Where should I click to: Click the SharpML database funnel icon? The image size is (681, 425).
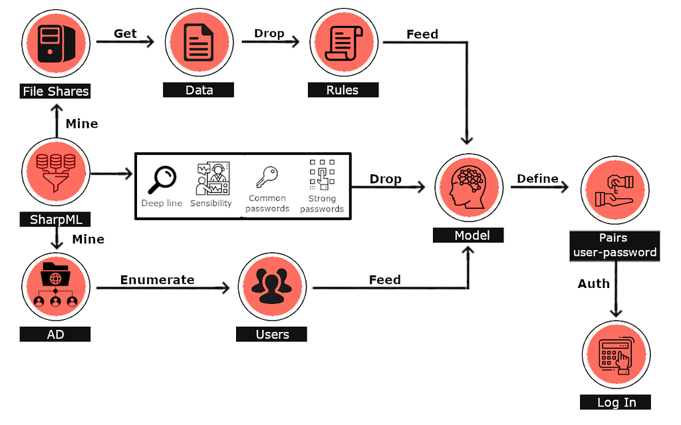pos(56,172)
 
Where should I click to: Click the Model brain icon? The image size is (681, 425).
pos(468,187)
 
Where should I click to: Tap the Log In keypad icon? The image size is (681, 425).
pos(616,355)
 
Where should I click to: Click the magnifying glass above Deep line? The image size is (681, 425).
pos(162,178)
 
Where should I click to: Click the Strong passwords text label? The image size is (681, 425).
pos(322,204)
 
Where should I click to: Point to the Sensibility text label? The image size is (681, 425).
pos(211,203)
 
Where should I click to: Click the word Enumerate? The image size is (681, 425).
pos(157,280)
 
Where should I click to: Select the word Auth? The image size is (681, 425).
pos(593,283)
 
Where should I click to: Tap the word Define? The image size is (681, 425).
pos(537,178)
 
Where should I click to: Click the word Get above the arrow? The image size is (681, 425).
pos(125,33)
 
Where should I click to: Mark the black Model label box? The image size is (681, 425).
pos(468,235)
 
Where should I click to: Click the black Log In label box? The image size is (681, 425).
pos(616,402)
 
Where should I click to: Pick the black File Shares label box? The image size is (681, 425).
pos(55,90)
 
